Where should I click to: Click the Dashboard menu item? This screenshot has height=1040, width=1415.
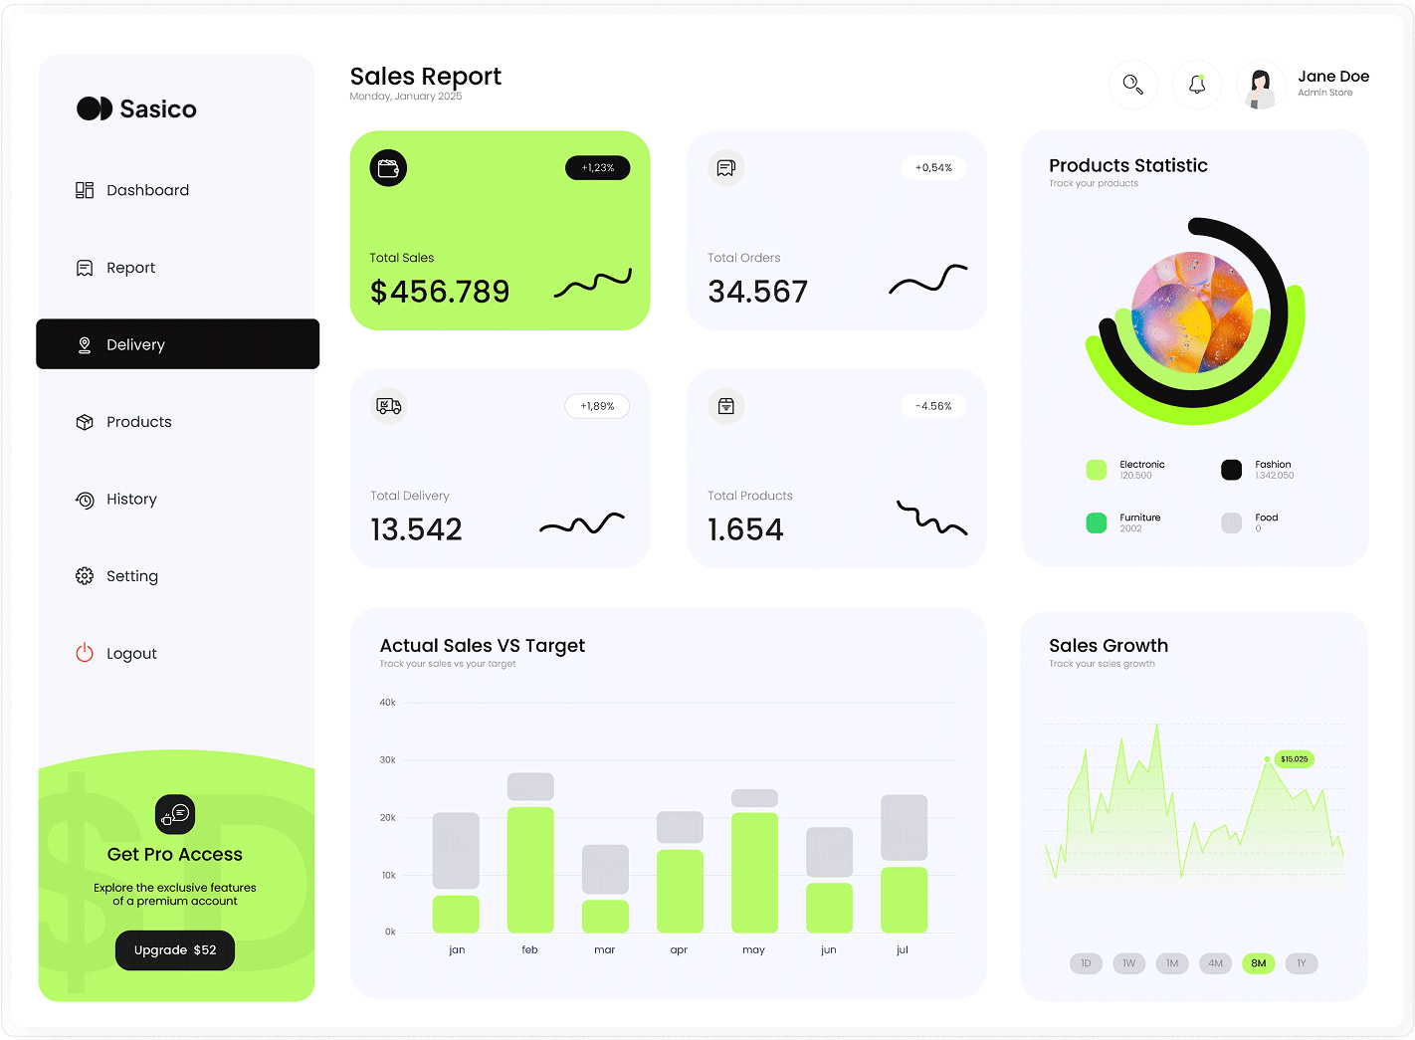[x=147, y=190]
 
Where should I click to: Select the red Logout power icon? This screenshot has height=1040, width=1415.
[x=85, y=653]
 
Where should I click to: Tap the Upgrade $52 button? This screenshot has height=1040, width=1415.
[x=175, y=950]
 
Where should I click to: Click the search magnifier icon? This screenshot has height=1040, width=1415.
[x=1132, y=85]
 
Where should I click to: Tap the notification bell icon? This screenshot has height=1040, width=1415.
[x=1197, y=85]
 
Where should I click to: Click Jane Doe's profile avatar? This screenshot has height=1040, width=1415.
[x=1261, y=86]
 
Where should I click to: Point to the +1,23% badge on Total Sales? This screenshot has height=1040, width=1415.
[x=598, y=168]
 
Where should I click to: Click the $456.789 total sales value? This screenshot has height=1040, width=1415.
[x=440, y=292]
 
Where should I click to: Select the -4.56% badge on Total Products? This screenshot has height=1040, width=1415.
[x=933, y=406]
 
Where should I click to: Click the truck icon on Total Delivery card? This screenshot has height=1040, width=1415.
[x=389, y=406]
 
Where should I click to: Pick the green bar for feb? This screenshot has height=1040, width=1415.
[x=530, y=869]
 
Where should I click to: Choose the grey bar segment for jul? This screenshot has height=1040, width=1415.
[x=904, y=827]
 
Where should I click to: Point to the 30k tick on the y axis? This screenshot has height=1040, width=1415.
[x=388, y=760]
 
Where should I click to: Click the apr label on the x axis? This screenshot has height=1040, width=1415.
[x=679, y=950]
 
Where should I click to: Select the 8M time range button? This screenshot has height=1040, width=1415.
[x=1259, y=963]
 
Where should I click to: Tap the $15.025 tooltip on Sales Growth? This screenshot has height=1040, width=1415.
[x=1294, y=759]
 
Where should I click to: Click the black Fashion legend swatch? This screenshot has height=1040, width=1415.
[x=1232, y=470]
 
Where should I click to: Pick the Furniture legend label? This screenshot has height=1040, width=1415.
[x=1140, y=518]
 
